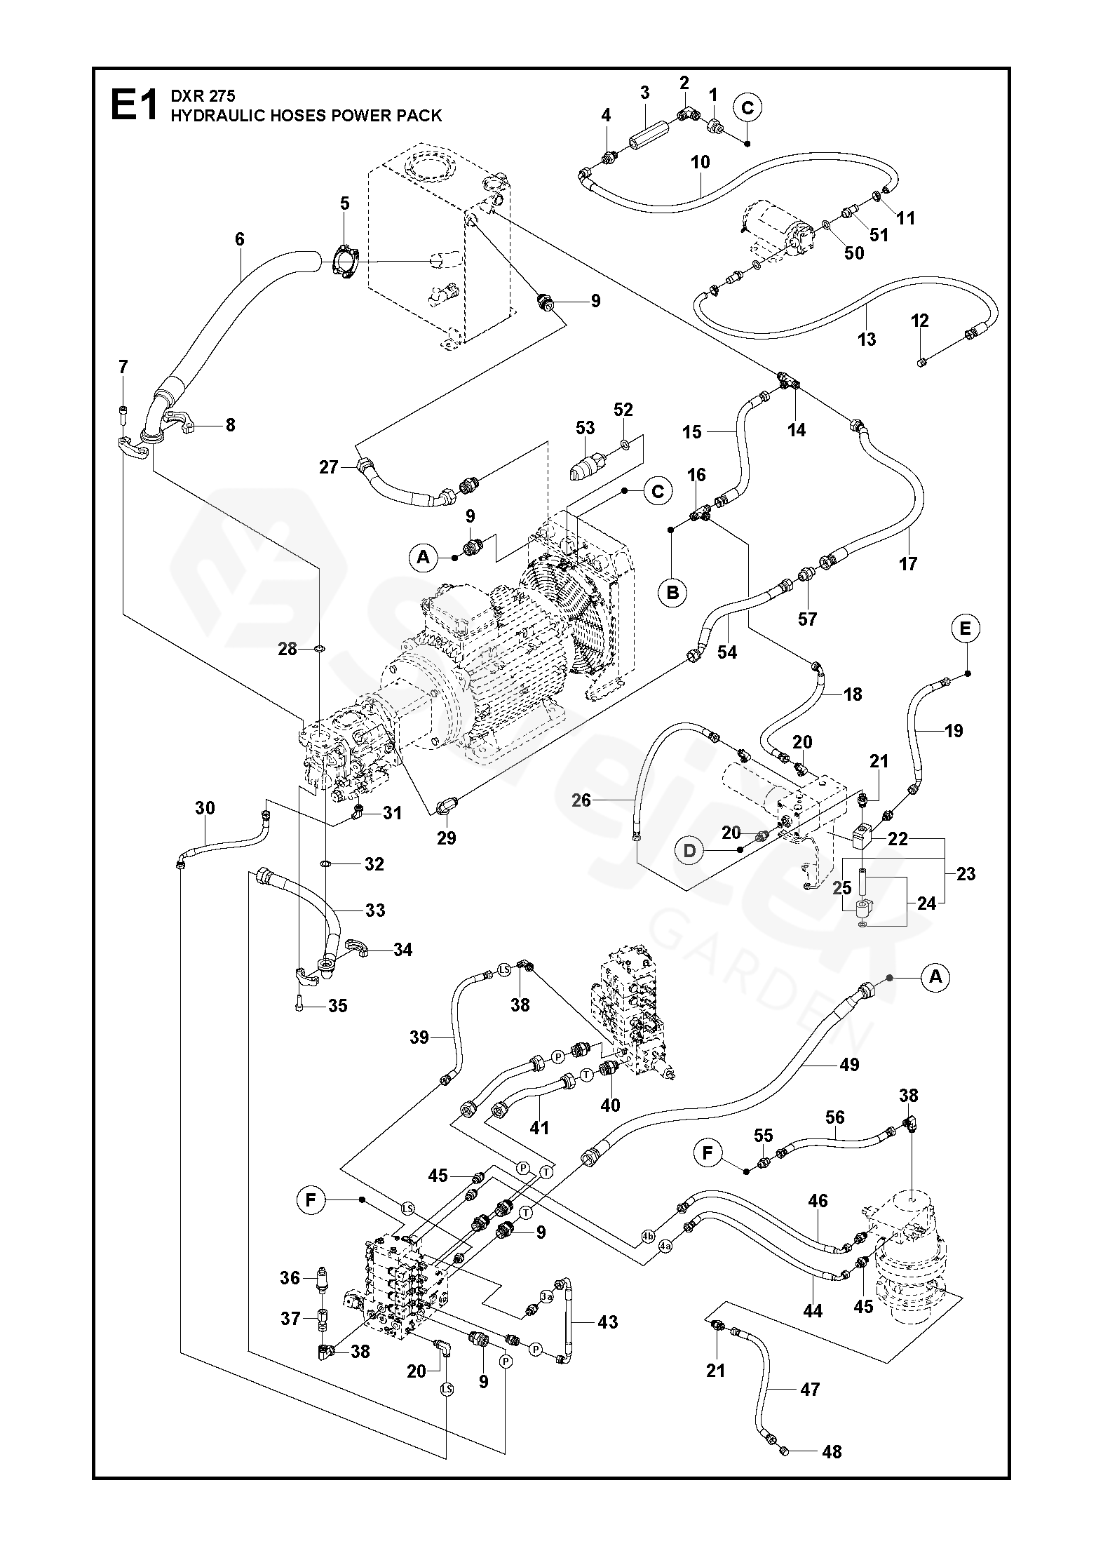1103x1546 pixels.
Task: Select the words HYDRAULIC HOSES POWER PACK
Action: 306,116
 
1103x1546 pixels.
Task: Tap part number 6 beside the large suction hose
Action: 240,239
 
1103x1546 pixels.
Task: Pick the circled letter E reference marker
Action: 966,629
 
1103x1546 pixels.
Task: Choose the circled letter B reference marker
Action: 672,593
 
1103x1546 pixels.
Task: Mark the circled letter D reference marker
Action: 690,851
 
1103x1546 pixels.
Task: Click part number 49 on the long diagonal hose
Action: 849,1065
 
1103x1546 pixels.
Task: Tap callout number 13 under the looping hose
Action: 867,340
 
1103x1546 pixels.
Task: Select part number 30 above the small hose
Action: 205,808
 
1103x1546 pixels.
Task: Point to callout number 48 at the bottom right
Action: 832,1451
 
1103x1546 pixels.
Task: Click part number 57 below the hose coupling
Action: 808,619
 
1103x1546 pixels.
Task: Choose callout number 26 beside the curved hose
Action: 581,800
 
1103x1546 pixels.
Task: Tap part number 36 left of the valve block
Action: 290,1278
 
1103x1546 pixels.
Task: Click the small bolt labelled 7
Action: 123,410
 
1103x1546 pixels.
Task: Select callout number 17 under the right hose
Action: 908,563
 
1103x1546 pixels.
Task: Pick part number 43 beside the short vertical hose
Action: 607,1322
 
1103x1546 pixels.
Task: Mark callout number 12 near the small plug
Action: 920,321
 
